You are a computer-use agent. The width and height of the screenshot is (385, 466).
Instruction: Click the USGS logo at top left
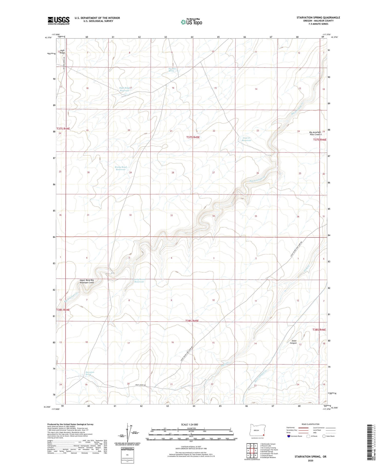(59, 21)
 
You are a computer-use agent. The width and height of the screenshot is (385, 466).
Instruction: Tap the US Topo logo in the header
(191, 22)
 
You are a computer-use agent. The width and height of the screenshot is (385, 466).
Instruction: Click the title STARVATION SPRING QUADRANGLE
(318, 17)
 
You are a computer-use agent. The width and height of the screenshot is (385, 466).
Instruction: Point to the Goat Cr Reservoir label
(246, 139)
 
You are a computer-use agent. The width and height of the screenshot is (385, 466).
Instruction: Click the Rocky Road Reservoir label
(121, 168)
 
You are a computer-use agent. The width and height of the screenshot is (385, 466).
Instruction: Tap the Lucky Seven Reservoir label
(139, 280)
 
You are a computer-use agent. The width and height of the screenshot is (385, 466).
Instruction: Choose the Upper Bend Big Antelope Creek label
(86, 281)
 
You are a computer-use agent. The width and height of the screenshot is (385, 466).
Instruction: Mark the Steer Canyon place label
(294, 342)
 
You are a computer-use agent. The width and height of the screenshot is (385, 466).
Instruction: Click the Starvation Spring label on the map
(90, 373)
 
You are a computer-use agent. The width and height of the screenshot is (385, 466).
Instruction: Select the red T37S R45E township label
(193, 137)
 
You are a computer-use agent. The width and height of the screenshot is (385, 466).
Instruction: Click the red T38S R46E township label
(319, 330)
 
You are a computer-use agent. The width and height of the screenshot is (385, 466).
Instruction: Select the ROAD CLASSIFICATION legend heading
(311, 424)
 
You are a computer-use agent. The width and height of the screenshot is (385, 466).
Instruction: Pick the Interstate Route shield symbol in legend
(289, 436)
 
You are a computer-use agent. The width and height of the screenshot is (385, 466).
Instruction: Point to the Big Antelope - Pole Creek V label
(315, 133)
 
